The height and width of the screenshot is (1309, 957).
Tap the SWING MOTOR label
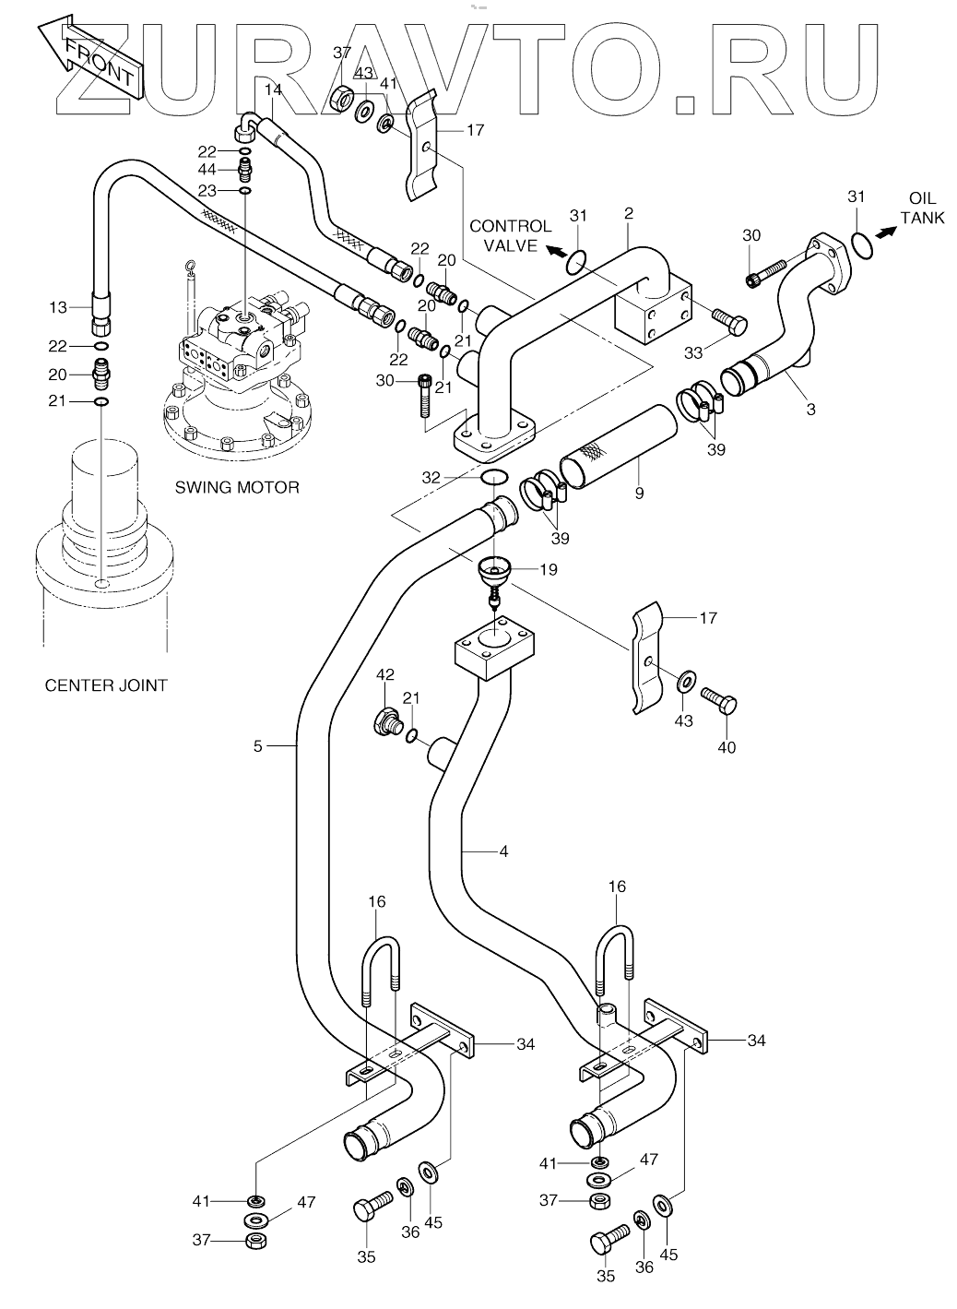[237, 487]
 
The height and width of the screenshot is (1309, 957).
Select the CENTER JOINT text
[106, 684]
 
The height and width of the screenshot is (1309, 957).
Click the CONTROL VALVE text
[510, 234]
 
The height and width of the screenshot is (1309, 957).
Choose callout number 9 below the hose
[639, 494]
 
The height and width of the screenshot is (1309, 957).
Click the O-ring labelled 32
[495, 477]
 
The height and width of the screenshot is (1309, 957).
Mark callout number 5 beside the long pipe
[259, 744]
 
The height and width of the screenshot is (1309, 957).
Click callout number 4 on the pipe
[502, 851]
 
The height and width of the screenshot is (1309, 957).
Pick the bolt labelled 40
[719, 702]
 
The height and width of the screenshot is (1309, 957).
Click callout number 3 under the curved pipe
[810, 410]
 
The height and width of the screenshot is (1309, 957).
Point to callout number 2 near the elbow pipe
[628, 214]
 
